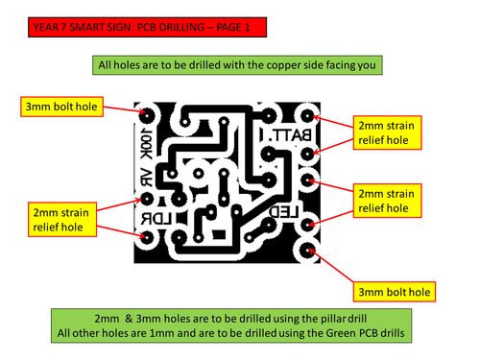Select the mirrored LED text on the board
click(x=285, y=209)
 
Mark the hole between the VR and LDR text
click(x=148, y=199)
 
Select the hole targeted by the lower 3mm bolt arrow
click(x=308, y=251)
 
